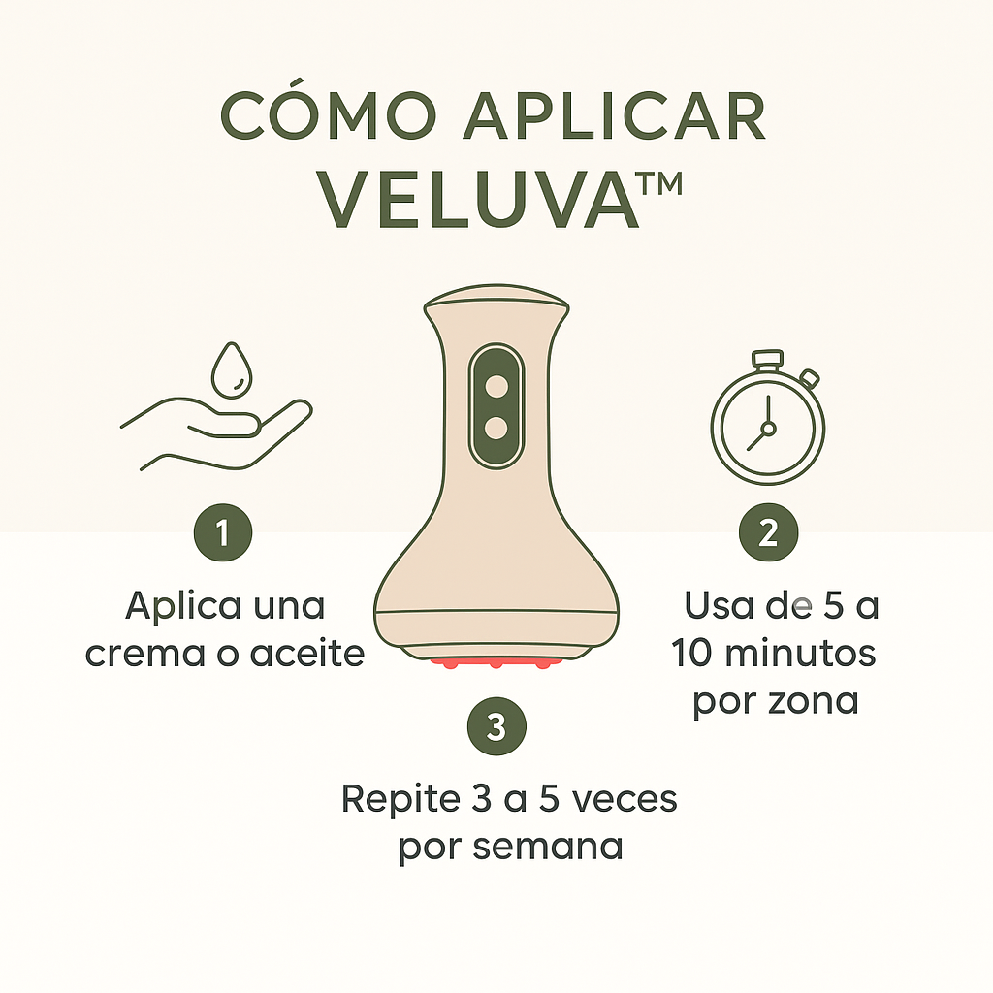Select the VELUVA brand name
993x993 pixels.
coord(480,202)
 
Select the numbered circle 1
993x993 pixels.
coord(223,532)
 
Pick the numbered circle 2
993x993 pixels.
coord(768,532)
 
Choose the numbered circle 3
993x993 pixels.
coord(496,726)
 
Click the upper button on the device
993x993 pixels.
coord(496,385)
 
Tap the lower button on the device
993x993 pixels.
coord(496,427)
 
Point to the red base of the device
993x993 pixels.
coord(496,663)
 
